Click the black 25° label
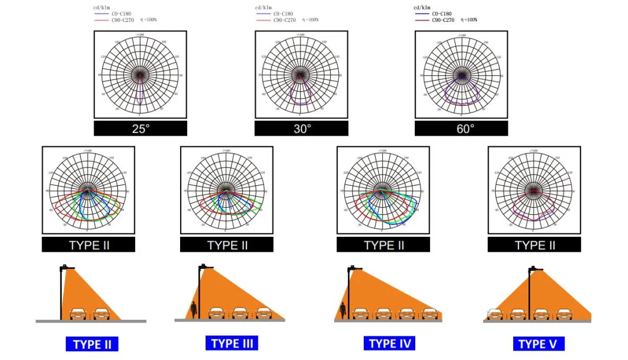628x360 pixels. (x=140, y=128)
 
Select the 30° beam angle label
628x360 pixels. (x=302, y=128)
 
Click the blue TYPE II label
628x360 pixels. (x=91, y=344)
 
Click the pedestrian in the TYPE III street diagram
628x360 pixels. (x=194, y=309)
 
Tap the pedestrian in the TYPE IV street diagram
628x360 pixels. (x=343, y=309)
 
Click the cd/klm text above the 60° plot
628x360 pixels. (x=421, y=8)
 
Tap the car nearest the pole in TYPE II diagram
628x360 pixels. (x=79, y=314)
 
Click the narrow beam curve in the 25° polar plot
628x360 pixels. (x=140, y=95)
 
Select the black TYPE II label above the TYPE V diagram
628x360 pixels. (x=534, y=245)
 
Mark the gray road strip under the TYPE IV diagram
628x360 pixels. (x=388, y=321)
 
